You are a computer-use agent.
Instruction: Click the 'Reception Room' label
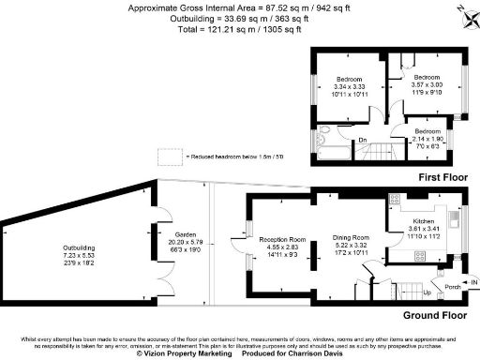click(x=284, y=239)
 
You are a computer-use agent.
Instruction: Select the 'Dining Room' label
click(x=352, y=239)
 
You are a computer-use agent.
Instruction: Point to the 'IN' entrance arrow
click(x=472, y=280)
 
